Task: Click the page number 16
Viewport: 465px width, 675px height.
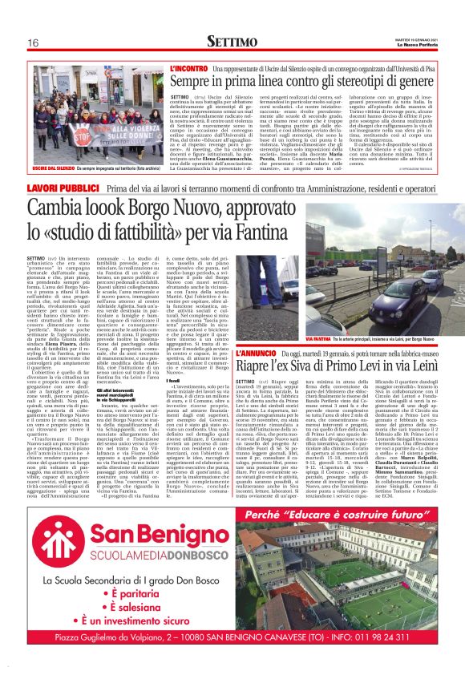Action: [x=34, y=42]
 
